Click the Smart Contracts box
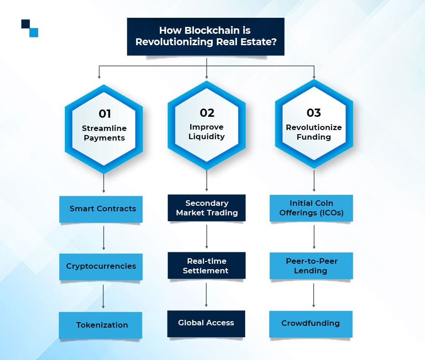pos(101,209)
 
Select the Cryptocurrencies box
pos(101,267)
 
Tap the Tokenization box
pos(100,325)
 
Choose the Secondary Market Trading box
pos(206,208)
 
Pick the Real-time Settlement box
pos(206,266)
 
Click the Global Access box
pos(206,323)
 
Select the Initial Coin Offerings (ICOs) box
pos(311,208)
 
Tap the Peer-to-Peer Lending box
pos(311,266)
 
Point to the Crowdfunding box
pos(311,324)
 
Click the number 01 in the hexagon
pos(105,114)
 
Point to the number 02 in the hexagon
pos(207,113)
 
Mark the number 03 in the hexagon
pos(314,113)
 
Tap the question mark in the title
pos(273,42)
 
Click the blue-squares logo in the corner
pos(30,28)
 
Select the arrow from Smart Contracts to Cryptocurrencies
pos(104,238)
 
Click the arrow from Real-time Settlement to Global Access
pos(206,295)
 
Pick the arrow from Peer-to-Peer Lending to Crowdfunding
pos(314,296)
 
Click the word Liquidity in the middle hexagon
pos(206,136)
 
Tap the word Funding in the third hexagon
pos(314,137)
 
